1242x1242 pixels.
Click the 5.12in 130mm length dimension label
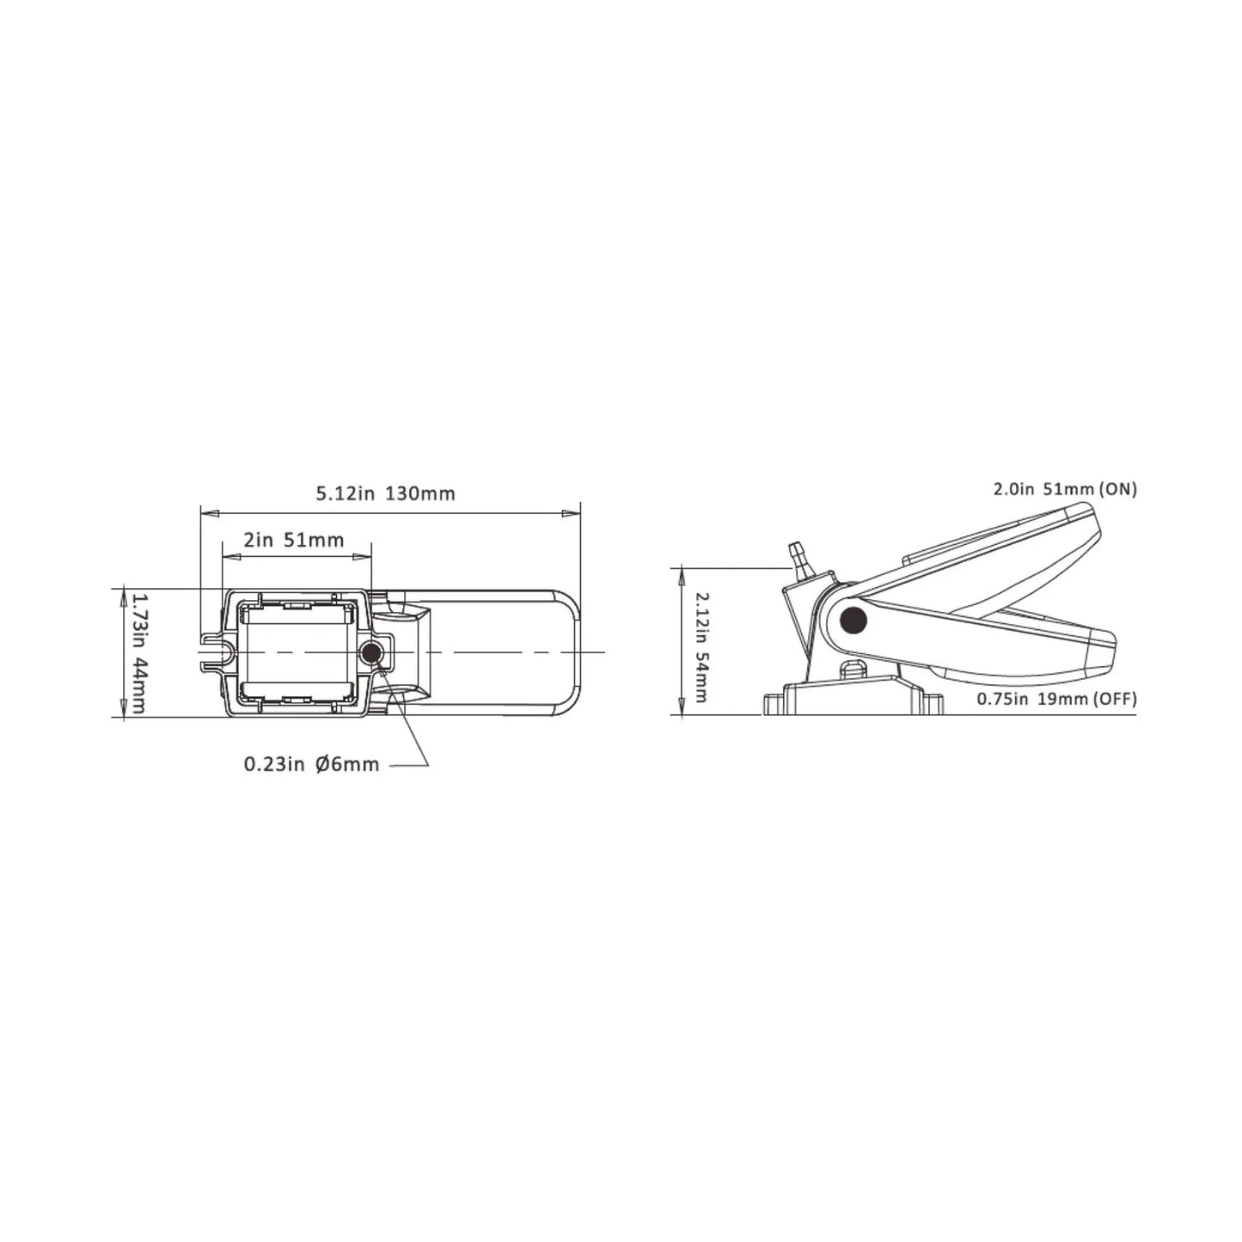click(385, 493)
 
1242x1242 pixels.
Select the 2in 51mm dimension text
click(293, 540)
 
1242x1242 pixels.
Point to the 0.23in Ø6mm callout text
click(311, 764)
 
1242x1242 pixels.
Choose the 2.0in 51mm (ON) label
click(1064, 489)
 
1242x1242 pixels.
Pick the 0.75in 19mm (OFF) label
click(1055, 699)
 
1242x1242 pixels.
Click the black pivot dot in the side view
click(853, 617)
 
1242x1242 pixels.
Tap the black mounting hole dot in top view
click(370, 653)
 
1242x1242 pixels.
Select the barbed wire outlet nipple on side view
click(797, 556)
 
